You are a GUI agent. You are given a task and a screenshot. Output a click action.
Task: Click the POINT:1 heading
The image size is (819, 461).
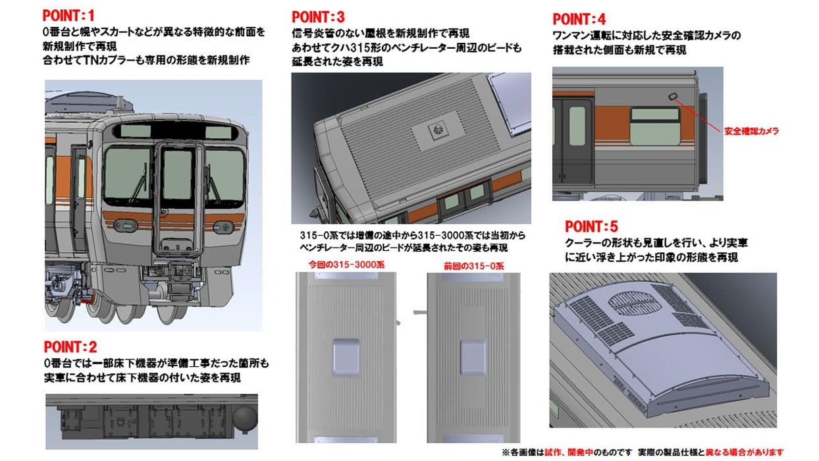point(69,15)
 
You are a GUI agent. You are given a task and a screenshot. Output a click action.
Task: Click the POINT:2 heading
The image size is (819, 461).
point(70,347)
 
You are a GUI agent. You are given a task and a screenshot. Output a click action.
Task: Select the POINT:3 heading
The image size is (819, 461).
point(318,17)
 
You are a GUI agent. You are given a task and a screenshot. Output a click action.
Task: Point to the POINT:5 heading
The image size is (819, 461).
point(591,227)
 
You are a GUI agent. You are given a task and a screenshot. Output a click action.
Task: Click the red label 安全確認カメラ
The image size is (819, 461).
point(751,131)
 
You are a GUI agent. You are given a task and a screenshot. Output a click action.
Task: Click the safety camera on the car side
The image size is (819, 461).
point(674,97)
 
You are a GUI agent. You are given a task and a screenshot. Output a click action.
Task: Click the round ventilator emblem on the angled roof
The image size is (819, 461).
point(437,130)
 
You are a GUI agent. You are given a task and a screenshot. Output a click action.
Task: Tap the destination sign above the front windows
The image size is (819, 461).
point(179,132)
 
